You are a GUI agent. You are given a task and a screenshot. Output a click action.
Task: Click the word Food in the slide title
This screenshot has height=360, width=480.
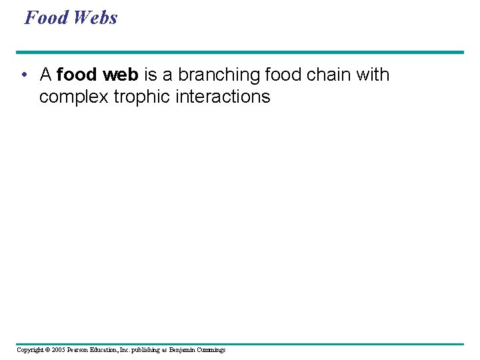47,17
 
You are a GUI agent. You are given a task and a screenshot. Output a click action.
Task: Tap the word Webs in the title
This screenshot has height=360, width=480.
95,17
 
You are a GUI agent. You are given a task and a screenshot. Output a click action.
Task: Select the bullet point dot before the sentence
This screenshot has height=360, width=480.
23,75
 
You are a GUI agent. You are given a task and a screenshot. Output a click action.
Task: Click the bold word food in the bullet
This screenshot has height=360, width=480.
77,75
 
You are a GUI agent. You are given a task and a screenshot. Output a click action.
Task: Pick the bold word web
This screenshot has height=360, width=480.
119,75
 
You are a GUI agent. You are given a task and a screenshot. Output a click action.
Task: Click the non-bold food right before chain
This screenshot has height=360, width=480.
287,75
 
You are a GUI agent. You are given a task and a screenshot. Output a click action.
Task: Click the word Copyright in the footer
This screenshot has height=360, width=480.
31,350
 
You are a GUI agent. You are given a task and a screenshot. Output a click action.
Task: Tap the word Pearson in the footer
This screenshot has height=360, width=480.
81,350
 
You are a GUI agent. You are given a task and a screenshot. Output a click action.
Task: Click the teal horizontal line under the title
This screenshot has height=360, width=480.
240,52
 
